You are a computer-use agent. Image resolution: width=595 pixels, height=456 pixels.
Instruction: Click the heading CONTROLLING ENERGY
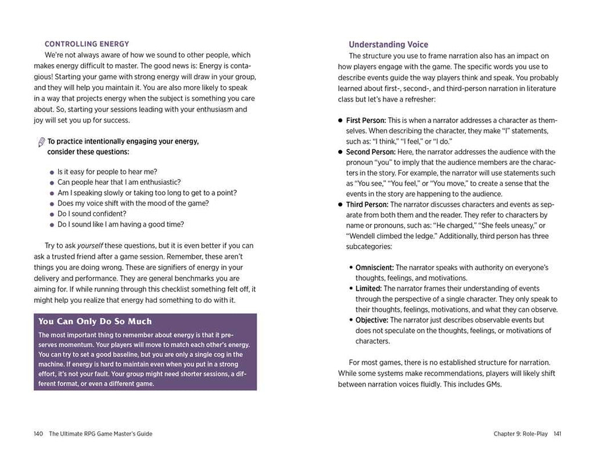pyautogui.click(x=87, y=44)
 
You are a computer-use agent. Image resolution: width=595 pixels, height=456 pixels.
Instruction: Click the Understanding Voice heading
pyautogui.click(x=388, y=45)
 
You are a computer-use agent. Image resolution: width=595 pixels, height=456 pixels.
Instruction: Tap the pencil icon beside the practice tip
pyautogui.click(x=41, y=142)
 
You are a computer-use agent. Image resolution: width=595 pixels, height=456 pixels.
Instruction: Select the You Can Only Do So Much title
pyautogui.click(x=95, y=321)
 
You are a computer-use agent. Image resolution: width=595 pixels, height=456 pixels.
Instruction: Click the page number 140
pyautogui.click(x=39, y=434)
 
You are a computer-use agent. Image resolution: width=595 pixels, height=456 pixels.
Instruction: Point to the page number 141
pyautogui.click(x=557, y=434)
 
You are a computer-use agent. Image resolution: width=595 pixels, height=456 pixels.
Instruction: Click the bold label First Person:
pyautogui.click(x=365, y=121)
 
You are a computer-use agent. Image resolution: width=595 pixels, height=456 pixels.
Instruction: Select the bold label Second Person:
pyautogui.click(x=371, y=152)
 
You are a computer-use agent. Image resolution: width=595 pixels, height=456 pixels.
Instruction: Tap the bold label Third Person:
pyautogui.click(x=367, y=204)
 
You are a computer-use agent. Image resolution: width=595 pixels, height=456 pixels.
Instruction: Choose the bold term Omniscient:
pyautogui.click(x=375, y=268)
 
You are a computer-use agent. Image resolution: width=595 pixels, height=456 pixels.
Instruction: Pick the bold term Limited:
pyautogui.click(x=368, y=289)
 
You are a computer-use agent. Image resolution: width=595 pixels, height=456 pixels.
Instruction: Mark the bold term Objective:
pyautogui.click(x=372, y=320)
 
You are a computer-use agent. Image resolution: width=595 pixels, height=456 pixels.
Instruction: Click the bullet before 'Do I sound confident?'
pyautogui.click(x=52, y=214)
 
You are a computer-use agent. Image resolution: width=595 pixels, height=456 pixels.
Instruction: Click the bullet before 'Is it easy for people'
pyautogui.click(x=52, y=173)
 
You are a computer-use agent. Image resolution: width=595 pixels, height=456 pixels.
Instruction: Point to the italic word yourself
pyautogui.click(x=90, y=246)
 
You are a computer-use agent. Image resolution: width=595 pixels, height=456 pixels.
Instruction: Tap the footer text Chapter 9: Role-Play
pyautogui.click(x=521, y=434)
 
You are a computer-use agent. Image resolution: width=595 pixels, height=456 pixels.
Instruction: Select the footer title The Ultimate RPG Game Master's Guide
pyautogui.click(x=101, y=434)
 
